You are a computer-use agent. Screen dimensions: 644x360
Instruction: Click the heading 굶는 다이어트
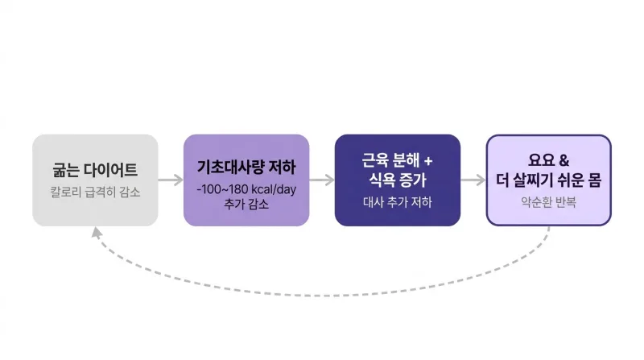click(95, 170)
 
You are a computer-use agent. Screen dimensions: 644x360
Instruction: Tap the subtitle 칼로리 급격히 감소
click(95, 192)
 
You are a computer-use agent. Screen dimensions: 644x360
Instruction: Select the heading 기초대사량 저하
click(246, 168)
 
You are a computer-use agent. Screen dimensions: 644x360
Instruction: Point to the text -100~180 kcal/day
click(246, 189)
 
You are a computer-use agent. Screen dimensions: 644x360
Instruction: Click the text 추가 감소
click(246, 204)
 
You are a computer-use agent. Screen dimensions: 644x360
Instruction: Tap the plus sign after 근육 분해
click(428, 161)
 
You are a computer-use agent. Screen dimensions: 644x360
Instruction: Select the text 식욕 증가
click(398, 180)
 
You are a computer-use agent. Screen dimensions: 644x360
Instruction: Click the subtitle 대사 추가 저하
click(398, 202)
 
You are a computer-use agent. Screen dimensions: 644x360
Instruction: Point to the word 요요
click(541, 159)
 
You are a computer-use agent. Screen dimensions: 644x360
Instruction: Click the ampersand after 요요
click(564, 160)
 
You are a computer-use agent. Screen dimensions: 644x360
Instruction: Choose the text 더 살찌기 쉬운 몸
click(549, 180)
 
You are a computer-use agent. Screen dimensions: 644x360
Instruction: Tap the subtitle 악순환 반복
click(549, 202)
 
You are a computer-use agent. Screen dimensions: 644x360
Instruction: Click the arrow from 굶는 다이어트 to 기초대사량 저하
click(171, 180)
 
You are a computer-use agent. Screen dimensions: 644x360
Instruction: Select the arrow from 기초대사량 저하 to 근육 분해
click(322, 180)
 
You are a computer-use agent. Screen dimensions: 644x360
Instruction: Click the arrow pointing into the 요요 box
click(473, 180)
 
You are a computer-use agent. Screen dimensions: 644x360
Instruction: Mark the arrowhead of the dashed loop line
click(96, 232)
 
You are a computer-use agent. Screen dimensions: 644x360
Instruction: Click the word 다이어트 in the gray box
click(110, 170)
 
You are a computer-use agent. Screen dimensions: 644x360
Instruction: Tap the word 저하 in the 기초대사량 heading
click(283, 168)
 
